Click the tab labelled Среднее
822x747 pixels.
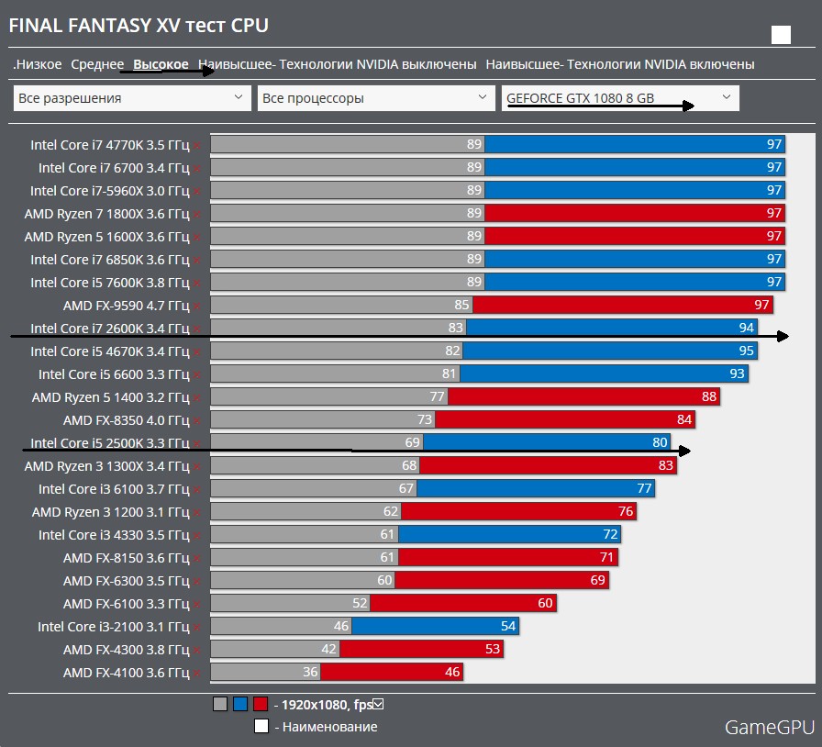tap(96, 64)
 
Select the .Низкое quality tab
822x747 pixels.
tap(38, 64)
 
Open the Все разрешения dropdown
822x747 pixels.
tap(132, 97)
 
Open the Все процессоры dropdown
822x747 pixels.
tap(376, 97)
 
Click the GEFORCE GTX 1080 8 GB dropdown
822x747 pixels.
tap(620, 97)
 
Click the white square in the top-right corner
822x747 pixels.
tap(781, 35)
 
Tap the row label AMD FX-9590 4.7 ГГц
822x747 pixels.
tap(126, 306)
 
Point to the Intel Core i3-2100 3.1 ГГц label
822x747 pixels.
tap(113, 627)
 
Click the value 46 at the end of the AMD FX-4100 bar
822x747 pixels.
tap(451, 673)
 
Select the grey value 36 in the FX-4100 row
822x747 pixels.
tap(310, 673)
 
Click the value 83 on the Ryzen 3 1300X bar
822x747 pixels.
tap(666, 466)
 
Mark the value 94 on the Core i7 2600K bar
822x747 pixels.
tap(746, 329)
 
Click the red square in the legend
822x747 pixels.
tap(261, 705)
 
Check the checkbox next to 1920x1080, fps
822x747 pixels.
tap(378, 705)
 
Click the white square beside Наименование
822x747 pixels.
tap(261, 727)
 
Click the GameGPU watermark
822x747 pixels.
tap(769, 728)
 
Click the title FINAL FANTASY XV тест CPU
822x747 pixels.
tap(139, 26)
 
